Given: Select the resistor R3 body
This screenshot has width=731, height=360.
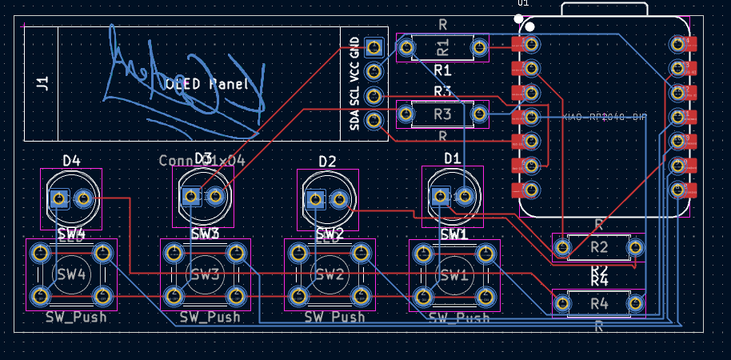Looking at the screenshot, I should pyautogui.click(x=442, y=115).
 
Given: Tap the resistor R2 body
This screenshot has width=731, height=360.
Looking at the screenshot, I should pyautogui.click(x=599, y=247).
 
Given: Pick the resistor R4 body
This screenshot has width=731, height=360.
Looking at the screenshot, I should pyautogui.click(x=599, y=303).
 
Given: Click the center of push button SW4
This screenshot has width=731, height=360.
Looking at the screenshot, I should pyautogui.click(x=70, y=275).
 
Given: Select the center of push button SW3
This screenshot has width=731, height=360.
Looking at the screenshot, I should pyautogui.click(x=205, y=275).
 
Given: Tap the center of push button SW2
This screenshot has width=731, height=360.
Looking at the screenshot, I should pyautogui.click(x=330, y=275).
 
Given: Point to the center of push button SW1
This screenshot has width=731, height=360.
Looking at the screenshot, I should pyautogui.click(x=453, y=275).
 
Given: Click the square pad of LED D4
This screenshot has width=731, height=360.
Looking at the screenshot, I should pyautogui.click(x=58, y=198).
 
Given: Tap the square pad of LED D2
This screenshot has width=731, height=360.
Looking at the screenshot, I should pyautogui.click(x=315, y=198).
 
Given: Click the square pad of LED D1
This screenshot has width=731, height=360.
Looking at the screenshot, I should pyautogui.click(x=440, y=196).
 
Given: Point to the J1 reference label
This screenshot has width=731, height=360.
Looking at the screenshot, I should pyautogui.click(x=42, y=82).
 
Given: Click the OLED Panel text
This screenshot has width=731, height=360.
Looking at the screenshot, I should pyautogui.click(x=207, y=84).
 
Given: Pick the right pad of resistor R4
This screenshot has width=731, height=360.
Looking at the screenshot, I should pyautogui.click(x=636, y=303).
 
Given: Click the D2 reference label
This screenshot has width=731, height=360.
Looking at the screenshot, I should pyautogui.click(x=327, y=162).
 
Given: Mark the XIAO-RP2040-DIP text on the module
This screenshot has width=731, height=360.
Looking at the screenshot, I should pyautogui.click(x=605, y=118).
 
